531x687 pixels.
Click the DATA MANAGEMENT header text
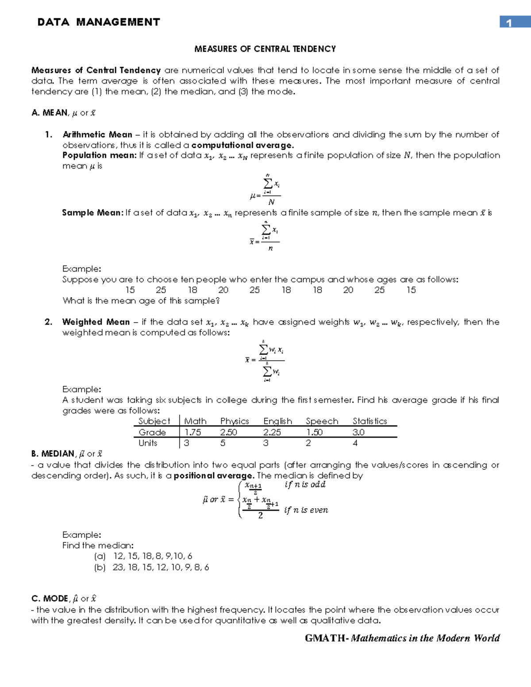pos(99,22)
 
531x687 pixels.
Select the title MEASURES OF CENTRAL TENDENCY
pos(265,49)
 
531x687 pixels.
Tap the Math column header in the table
pos(195,421)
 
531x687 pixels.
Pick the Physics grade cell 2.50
pos(229,432)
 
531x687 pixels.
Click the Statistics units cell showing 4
pos(355,443)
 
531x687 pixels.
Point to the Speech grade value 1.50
pos(314,432)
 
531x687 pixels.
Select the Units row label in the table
pos(148,443)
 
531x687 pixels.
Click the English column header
pos(277,421)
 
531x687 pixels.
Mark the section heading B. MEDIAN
pos(53,454)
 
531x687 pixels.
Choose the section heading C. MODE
pos(50,599)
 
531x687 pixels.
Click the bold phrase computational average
pos(242,145)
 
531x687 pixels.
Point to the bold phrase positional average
pos(214,476)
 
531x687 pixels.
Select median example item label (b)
pos(100,567)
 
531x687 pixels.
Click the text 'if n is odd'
pos(305,484)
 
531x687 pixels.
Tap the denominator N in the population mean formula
pos(271,202)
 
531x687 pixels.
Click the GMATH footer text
pos(402,638)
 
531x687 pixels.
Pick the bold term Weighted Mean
pos(96,322)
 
